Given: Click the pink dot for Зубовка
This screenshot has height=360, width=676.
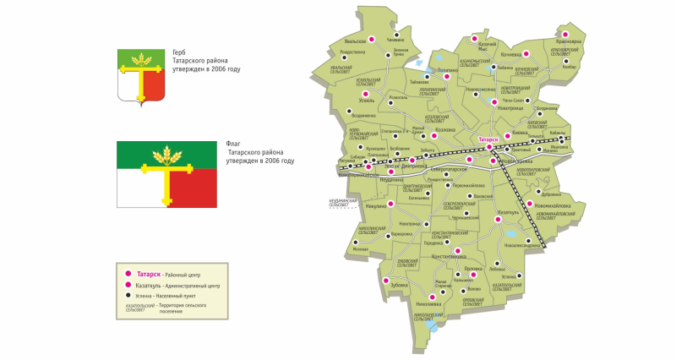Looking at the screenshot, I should coord(386,281).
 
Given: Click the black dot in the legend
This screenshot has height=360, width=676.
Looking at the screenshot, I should coord(127,297).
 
